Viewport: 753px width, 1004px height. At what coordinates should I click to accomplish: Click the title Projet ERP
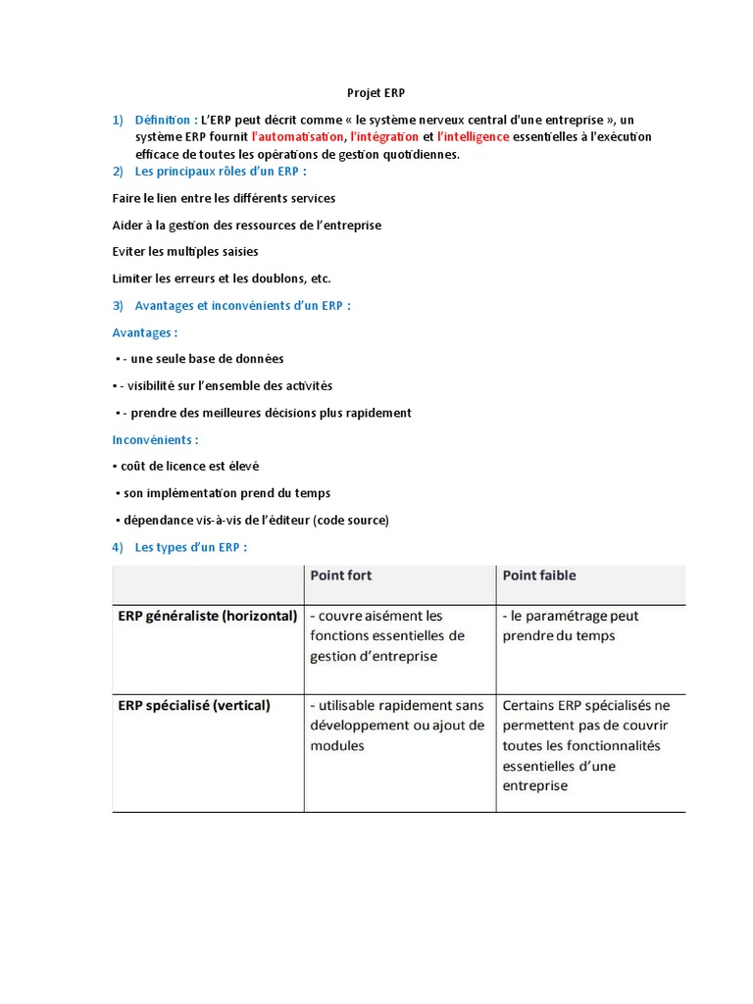(x=376, y=93)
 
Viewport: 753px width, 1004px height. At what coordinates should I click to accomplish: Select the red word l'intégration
(x=383, y=137)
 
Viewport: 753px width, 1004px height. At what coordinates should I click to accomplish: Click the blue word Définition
(x=162, y=120)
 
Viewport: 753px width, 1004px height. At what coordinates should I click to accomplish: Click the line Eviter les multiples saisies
(x=185, y=252)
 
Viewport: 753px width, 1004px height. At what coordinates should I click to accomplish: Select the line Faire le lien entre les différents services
(x=224, y=198)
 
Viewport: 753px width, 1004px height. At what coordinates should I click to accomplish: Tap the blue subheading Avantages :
(x=145, y=332)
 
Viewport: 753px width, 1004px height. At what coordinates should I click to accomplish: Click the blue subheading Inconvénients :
(x=155, y=440)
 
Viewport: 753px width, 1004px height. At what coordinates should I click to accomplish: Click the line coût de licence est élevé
(x=188, y=467)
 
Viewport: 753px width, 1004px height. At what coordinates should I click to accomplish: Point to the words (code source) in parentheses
(x=351, y=520)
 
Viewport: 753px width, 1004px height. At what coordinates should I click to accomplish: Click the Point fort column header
(x=340, y=576)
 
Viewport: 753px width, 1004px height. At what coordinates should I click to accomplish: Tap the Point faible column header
(x=539, y=576)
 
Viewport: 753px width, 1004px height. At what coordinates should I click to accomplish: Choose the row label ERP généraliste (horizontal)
(x=207, y=616)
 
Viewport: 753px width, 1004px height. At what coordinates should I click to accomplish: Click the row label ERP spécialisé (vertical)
(x=194, y=705)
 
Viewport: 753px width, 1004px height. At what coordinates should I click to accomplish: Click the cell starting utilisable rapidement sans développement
(x=396, y=726)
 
